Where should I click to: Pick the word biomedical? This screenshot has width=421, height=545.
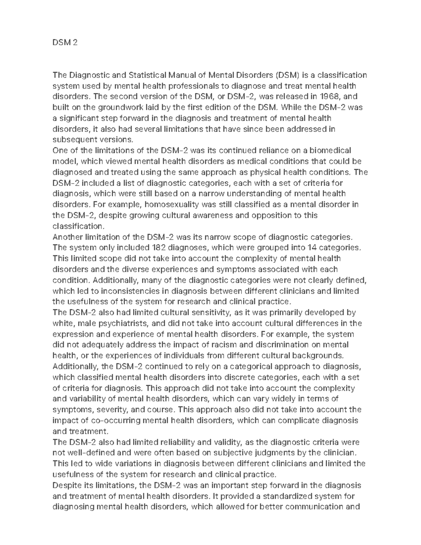click(330, 151)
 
